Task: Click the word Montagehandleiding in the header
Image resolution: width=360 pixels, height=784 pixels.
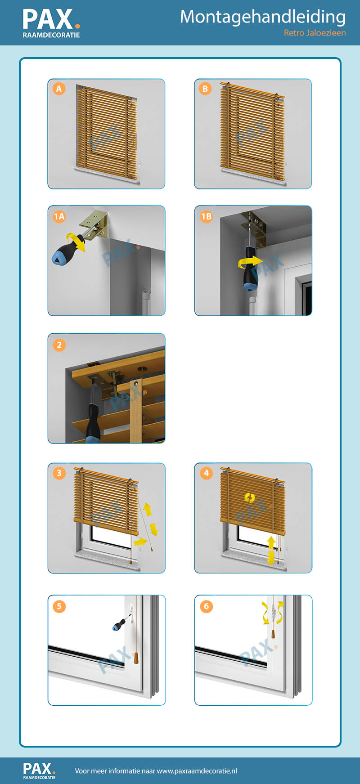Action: pos(263,18)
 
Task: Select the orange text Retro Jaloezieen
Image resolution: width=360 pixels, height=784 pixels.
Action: pos(315,33)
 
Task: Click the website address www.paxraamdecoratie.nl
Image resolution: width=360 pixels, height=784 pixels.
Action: pos(197,771)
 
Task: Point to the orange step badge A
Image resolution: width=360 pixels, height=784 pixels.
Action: pos(59,89)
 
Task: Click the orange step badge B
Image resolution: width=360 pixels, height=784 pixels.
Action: pos(205,89)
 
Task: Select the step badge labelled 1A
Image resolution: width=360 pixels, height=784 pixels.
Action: pos(59,216)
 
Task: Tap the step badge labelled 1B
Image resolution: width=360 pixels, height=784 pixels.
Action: pos(206,216)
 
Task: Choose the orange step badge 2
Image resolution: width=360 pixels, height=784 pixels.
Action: pos(59,345)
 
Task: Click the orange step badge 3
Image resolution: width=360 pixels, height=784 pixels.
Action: pos(59,473)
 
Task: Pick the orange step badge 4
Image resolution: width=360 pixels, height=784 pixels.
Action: pos(206,473)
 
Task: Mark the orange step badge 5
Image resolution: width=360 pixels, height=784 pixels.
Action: pos(59,606)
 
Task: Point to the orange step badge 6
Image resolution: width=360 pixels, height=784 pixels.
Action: pos(206,606)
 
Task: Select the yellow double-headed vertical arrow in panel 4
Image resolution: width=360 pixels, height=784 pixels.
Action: pos(271,550)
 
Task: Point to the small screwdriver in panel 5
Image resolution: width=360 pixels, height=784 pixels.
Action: pos(121,623)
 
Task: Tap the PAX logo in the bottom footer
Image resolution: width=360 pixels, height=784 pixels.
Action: pos(39,771)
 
